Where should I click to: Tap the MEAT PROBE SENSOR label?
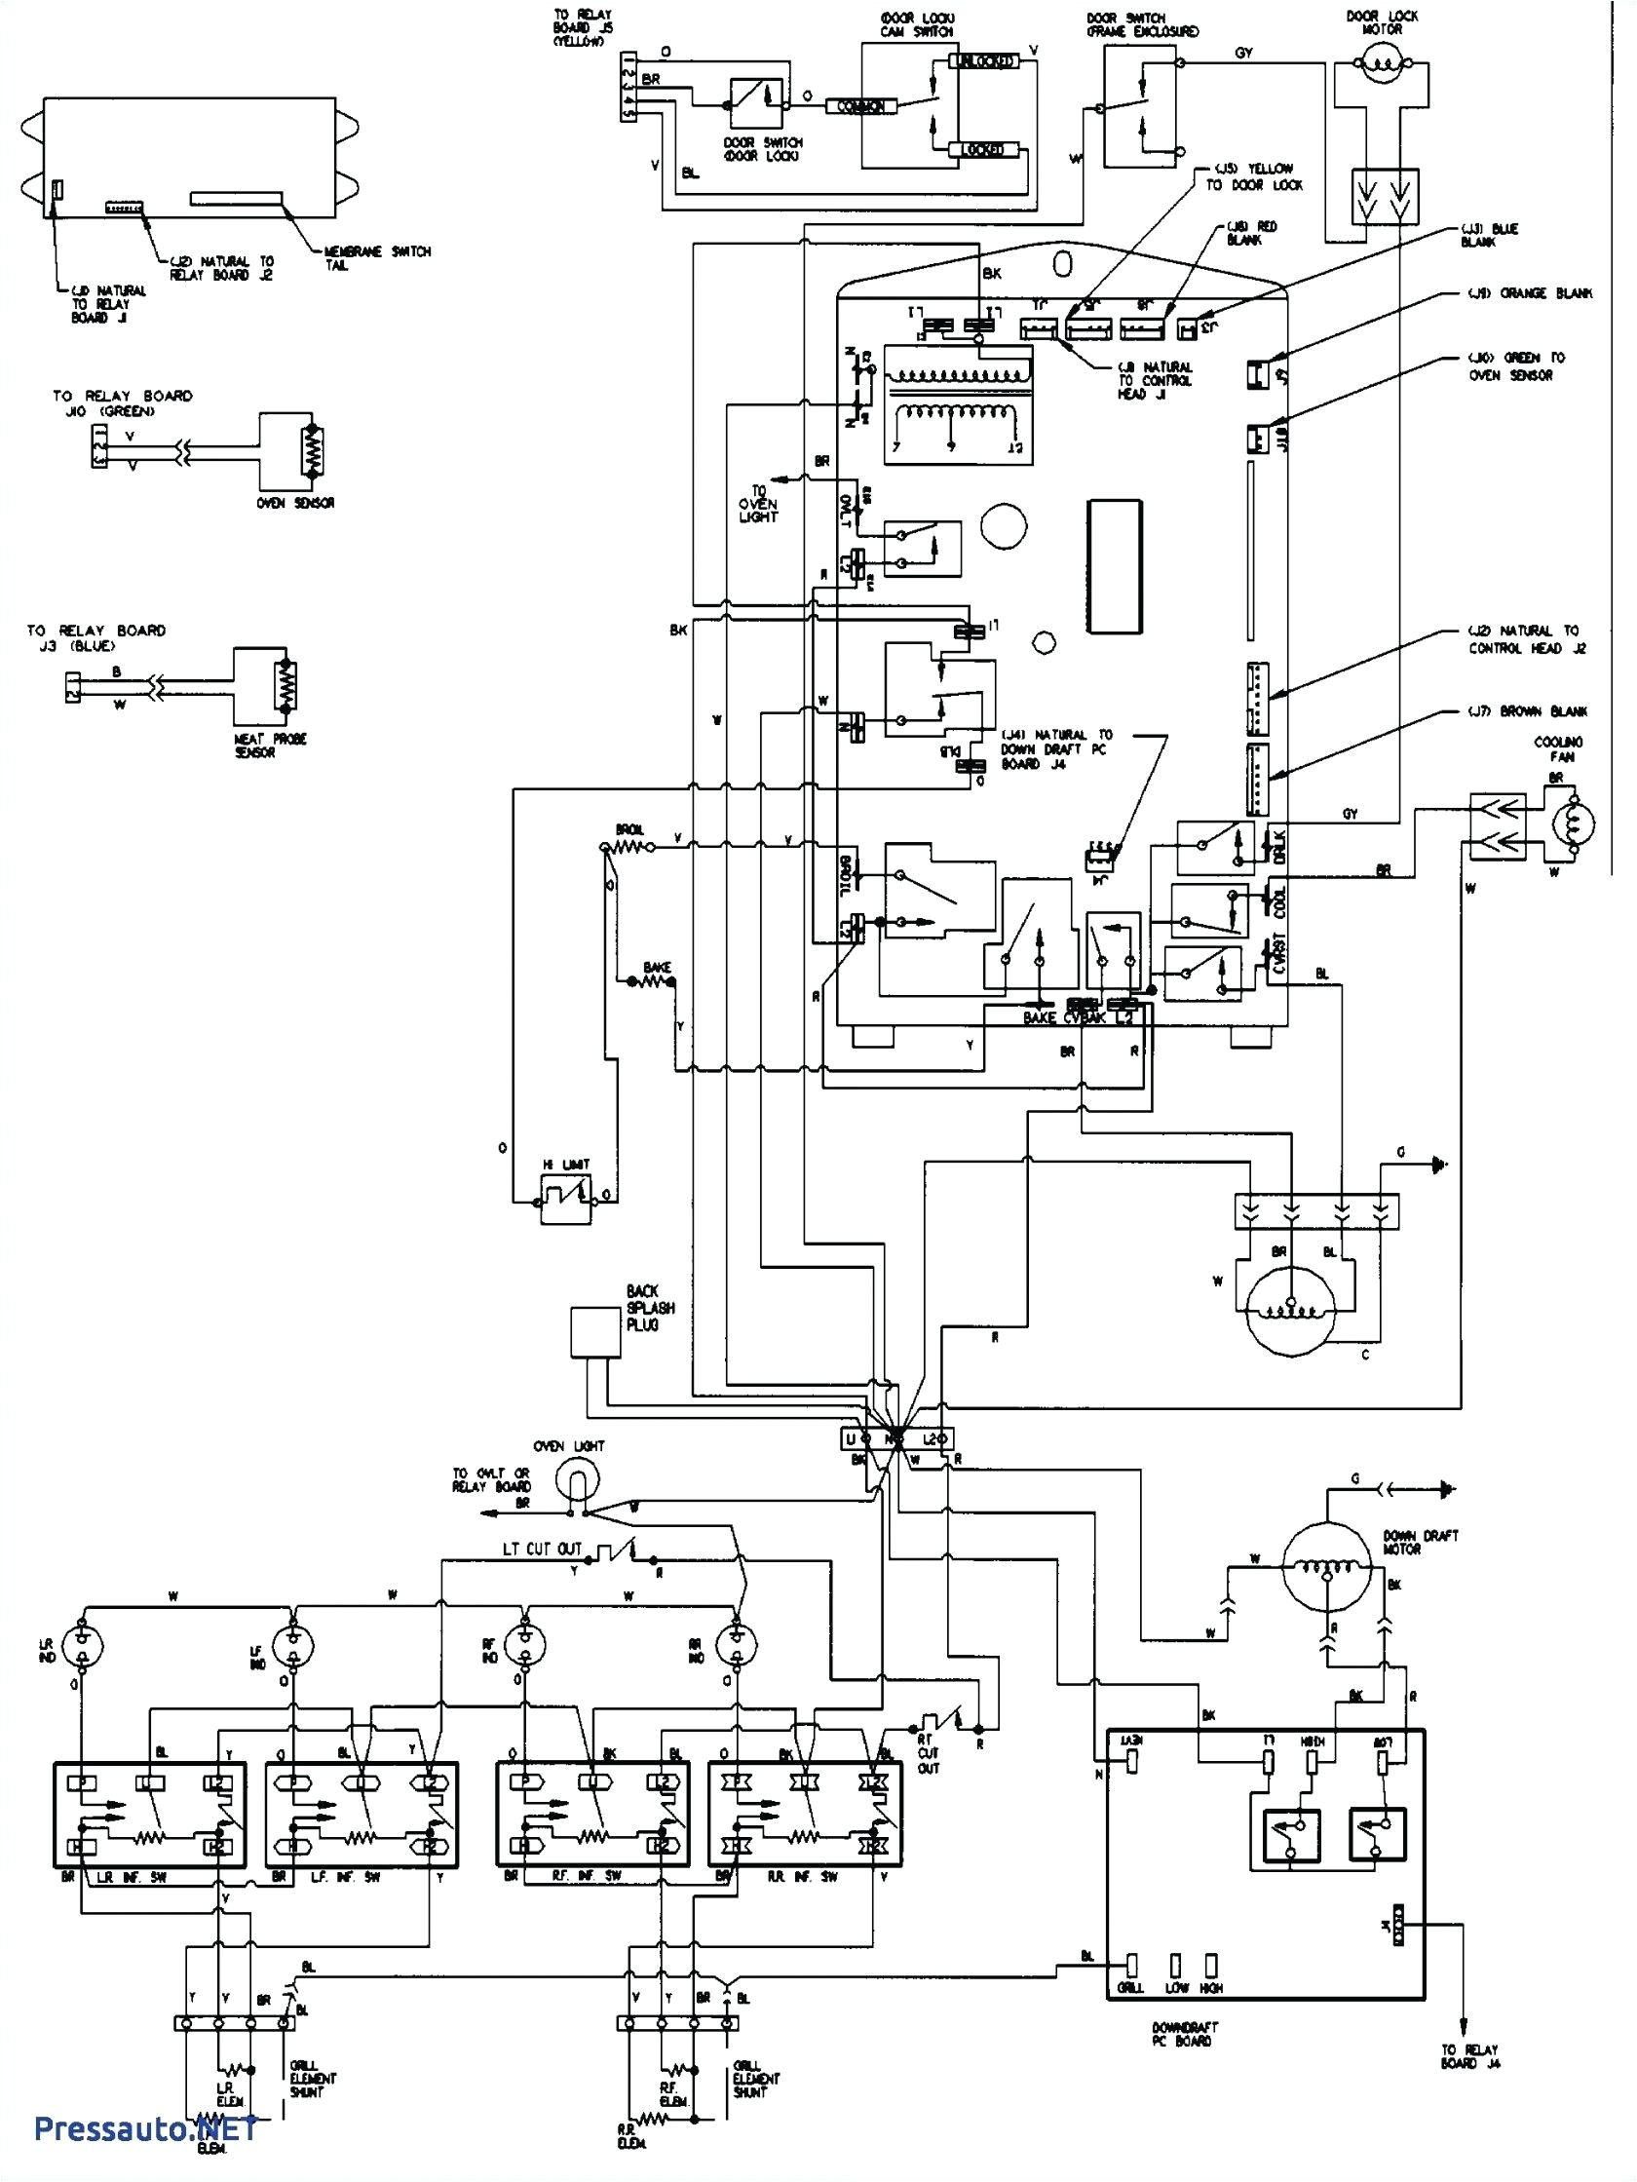[277, 746]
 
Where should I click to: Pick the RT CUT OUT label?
[928, 1763]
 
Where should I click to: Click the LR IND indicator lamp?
[84, 1644]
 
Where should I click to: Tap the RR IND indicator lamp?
[736, 1644]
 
